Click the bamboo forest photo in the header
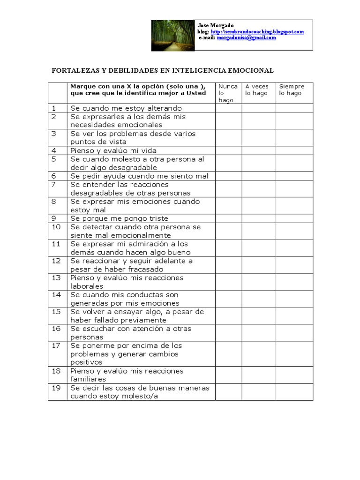[172, 35]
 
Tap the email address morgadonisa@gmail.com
[246, 37]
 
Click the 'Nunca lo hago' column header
[228, 93]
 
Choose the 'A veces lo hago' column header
[257, 90]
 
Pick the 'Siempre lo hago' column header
[292, 90]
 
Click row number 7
[54, 185]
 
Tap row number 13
[56, 278]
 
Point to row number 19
[56, 388]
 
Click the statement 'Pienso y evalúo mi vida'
[113, 150]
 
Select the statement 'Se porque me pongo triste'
[119, 218]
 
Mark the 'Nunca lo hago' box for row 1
[228, 108]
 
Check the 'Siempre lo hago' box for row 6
[294, 176]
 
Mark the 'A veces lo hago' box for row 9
[258, 218]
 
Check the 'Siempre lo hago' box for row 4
[294, 150]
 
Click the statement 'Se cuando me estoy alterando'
[126, 108]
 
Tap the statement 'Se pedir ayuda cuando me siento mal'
[139, 176]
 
